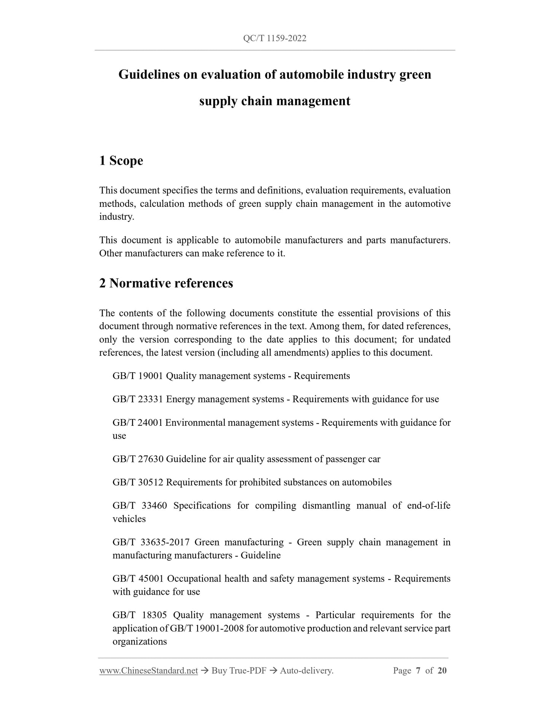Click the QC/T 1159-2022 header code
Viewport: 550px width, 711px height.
pyautogui.click(x=274, y=38)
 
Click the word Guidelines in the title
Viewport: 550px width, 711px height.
pyautogui.click(x=149, y=75)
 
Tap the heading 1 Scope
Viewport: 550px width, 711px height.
pyautogui.click(x=121, y=161)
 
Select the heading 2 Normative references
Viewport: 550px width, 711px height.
pyautogui.click(x=166, y=283)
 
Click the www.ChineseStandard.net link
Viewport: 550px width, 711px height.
pyautogui.click(x=148, y=671)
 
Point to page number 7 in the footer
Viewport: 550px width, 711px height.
pyautogui.click(x=418, y=671)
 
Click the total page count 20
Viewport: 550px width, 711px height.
pyautogui.click(x=442, y=671)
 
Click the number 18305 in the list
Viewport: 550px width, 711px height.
pyautogui.click(x=155, y=615)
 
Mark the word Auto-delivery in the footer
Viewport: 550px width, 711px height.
pyautogui.click(x=306, y=671)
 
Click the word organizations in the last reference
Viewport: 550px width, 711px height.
pyautogui.click(x=140, y=641)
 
